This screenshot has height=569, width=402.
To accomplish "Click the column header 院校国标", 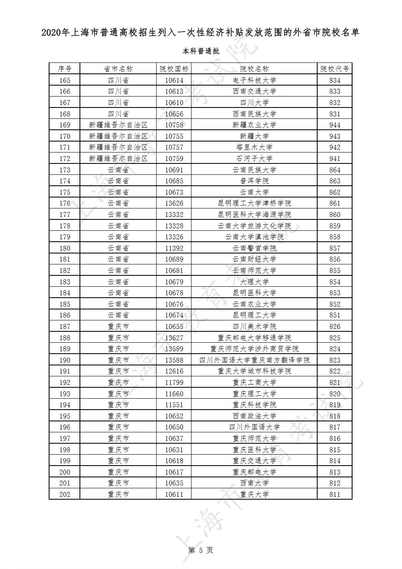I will click(174, 69).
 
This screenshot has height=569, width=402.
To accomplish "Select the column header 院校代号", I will click(335, 69).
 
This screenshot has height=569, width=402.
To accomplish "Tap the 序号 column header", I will click(64, 69).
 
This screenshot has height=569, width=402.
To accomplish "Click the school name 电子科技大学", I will click(254, 80).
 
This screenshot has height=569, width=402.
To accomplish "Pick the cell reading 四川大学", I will click(254, 103).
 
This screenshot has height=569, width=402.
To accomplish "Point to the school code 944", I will click(335, 125).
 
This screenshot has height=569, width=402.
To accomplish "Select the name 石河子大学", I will click(254, 159).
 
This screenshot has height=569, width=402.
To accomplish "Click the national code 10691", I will click(174, 170).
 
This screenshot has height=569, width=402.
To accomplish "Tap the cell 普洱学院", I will click(254, 181).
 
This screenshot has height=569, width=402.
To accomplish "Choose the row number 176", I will click(64, 203).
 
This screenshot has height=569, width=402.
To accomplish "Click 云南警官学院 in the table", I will click(254, 248).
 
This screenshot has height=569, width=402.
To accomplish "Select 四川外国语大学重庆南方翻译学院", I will click(254, 360).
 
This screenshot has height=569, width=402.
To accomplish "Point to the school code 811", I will click(335, 494).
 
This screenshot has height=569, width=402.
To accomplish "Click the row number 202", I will click(64, 494).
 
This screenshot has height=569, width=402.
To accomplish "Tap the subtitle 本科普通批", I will click(201, 52).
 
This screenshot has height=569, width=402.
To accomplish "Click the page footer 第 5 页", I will click(201, 550).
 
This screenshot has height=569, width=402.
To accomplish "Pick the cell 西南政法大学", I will click(254, 416).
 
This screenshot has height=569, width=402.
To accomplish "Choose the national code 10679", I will click(174, 282).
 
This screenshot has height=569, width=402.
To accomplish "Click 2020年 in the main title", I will click(56, 33).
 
